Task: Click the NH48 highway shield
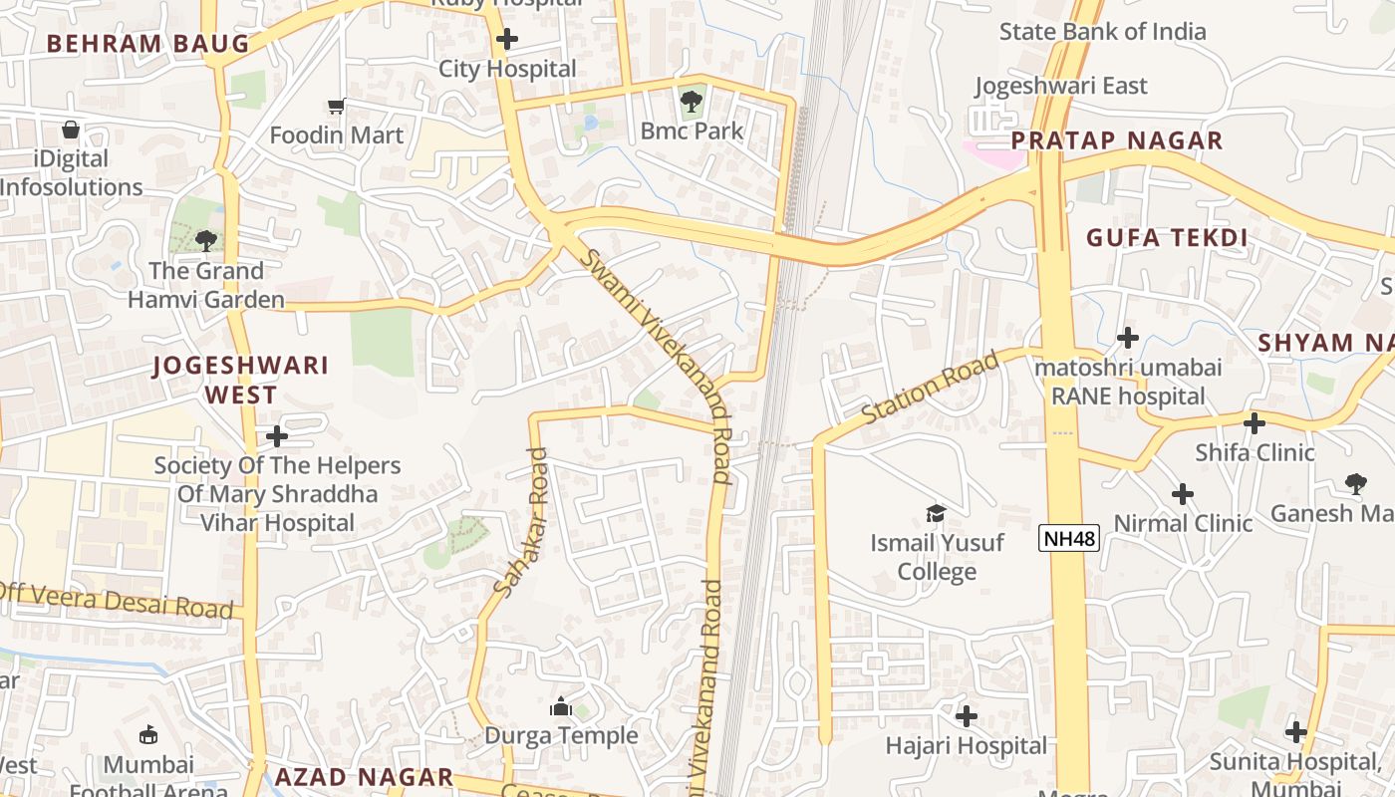click(1068, 539)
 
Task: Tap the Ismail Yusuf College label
click(937, 557)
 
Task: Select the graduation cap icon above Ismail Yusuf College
click(936, 513)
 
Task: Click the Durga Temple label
click(561, 735)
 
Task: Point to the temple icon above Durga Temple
click(561, 706)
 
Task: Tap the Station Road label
click(929, 389)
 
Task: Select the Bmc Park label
click(692, 131)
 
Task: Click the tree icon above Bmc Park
click(691, 101)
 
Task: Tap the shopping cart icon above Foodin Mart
click(337, 106)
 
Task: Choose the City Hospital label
click(507, 69)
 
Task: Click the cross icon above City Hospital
click(507, 39)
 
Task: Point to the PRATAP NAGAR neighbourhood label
click(1116, 140)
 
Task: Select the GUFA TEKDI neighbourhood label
click(1166, 237)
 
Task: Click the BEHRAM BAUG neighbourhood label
click(147, 44)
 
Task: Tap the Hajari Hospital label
click(967, 745)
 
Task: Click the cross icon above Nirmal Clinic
click(1183, 494)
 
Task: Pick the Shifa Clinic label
click(1255, 452)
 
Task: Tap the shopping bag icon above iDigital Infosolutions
click(71, 130)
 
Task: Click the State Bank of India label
click(1102, 31)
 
